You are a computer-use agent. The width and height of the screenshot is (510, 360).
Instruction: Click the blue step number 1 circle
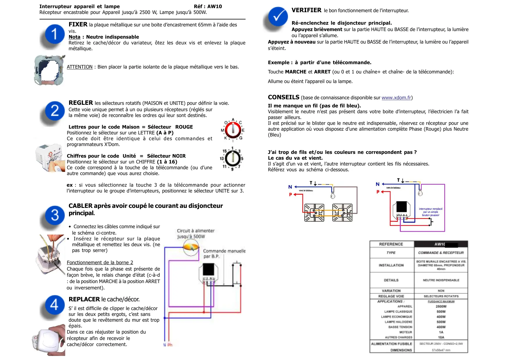pyautogui.click(x=55, y=34)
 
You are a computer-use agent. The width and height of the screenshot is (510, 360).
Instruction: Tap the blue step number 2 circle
pyautogui.click(x=55, y=111)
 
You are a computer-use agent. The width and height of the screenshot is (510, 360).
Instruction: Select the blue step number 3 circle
pyautogui.click(x=55, y=215)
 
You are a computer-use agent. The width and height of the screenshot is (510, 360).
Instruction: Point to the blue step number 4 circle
pyautogui.click(x=55, y=305)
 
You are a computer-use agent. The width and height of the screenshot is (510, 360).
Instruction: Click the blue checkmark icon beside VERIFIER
pyautogui.click(x=278, y=17)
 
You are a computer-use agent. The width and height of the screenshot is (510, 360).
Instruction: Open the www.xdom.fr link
pyautogui.click(x=396, y=98)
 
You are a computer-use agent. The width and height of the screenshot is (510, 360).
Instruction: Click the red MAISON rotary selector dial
pyautogui.click(x=233, y=130)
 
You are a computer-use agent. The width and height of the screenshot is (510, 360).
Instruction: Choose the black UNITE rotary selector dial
pyautogui.click(x=232, y=159)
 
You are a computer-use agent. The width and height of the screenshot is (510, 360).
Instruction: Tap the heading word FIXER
pyautogui.click(x=78, y=25)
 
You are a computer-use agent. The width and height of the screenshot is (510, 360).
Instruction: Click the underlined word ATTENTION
pyautogui.click(x=80, y=67)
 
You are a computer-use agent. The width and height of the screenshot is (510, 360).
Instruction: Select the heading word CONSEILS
pyautogui.click(x=283, y=98)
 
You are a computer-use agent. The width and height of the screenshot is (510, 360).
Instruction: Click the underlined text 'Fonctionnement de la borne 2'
pyautogui.click(x=100, y=263)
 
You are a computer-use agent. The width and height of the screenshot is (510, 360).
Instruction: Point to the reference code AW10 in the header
pyautogui.click(x=215, y=6)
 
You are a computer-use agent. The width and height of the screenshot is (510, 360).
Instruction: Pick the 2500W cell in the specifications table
pyautogui.click(x=441, y=307)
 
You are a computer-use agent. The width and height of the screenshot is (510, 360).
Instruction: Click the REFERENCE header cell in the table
pyautogui.click(x=391, y=244)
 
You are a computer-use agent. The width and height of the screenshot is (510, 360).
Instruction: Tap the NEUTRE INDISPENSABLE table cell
pyautogui.click(x=441, y=280)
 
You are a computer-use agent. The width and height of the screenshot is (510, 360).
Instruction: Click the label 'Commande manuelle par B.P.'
pyautogui.click(x=224, y=253)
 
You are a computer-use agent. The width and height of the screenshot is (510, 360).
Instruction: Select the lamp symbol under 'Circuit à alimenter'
pyautogui.click(x=191, y=248)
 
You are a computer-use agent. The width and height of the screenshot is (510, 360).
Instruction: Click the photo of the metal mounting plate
pyautogui.click(x=49, y=70)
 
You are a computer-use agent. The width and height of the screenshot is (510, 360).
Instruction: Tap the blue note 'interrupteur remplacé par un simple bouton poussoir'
pyautogui.click(x=430, y=212)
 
